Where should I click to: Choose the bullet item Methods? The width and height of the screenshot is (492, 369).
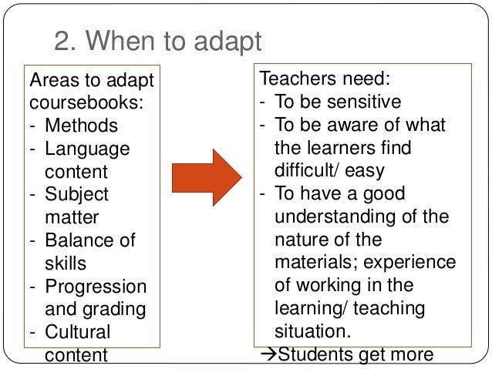point(81,126)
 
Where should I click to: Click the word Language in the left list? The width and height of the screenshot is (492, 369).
point(87,148)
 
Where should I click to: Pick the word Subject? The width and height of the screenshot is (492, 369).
point(76,194)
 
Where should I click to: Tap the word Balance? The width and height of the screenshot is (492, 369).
point(76,240)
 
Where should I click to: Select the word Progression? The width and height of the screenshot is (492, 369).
point(96,287)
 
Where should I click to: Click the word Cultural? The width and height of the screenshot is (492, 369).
point(77,333)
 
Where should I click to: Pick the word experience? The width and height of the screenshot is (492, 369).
point(415,262)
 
